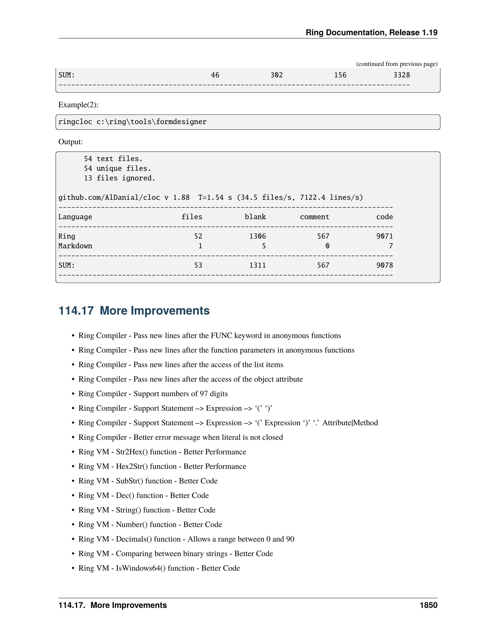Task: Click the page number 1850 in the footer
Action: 428,605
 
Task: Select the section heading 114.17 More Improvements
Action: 134,311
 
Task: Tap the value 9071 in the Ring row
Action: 384,236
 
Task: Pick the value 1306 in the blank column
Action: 257,236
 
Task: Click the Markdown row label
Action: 75,246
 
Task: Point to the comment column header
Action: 314,217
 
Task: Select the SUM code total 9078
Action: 384,266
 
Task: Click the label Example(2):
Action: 78,105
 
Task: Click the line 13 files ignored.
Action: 119,178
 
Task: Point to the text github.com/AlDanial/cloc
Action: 109,197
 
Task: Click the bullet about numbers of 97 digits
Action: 153,394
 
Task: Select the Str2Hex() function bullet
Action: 162,452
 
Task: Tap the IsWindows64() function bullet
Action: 159,568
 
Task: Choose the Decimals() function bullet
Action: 186,539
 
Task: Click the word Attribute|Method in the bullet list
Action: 350,423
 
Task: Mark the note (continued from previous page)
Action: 397,64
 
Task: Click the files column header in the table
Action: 192,217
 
